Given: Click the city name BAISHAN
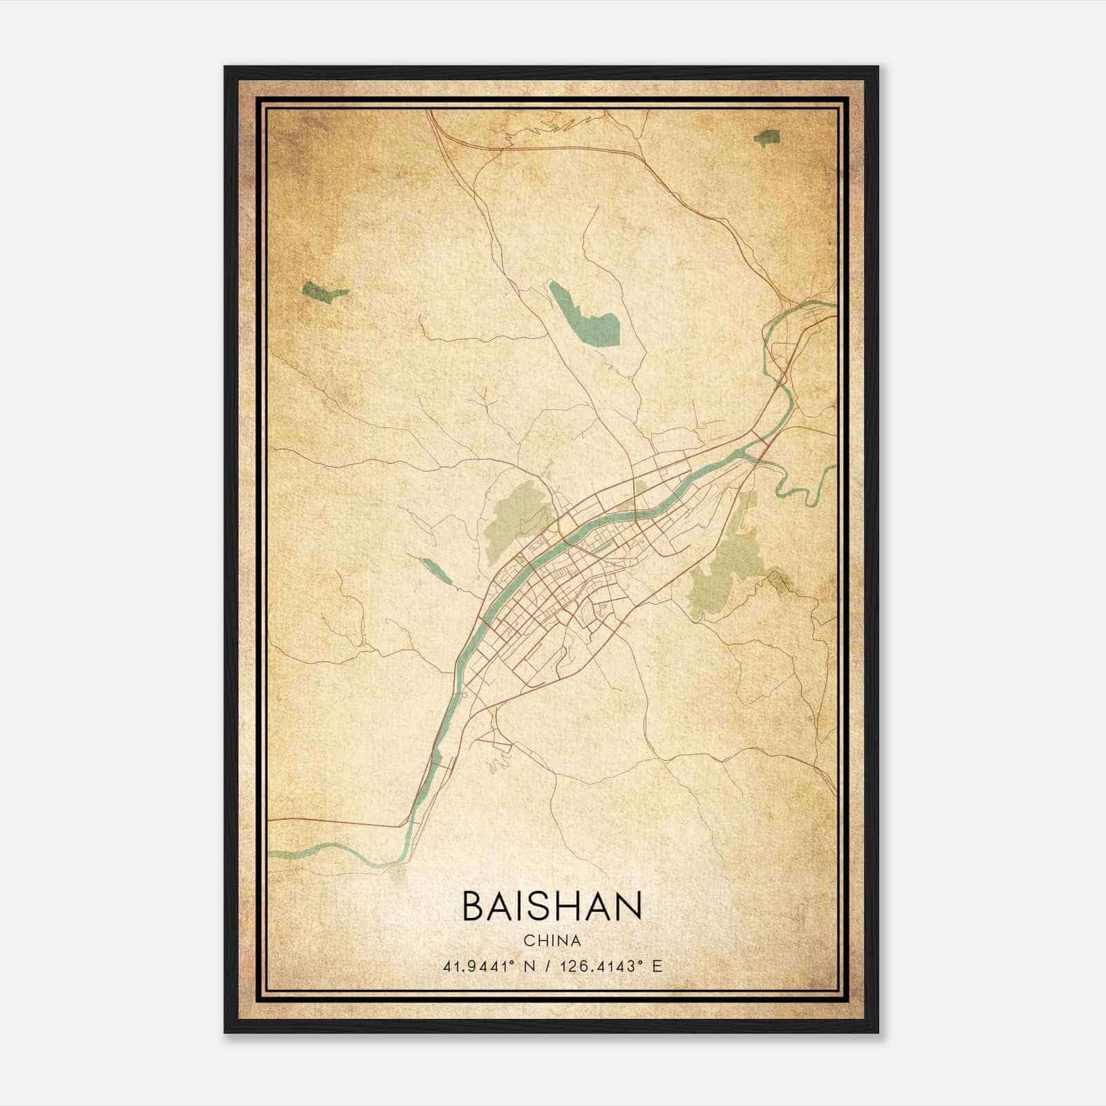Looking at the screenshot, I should [x=552, y=906].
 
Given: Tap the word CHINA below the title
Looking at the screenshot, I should [x=552, y=941].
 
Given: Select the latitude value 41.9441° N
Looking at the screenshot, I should [x=489, y=966].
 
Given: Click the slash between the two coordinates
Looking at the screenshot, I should [x=547, y=966].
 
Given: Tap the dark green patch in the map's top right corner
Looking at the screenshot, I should [x=767, y=138].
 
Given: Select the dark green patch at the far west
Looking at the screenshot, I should [x=323, y=292].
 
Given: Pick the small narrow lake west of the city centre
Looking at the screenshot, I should [x=435, y=570].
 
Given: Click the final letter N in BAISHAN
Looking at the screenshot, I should [x=629, y=906].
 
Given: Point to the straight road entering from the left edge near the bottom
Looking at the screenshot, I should [x=332, y=822].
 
